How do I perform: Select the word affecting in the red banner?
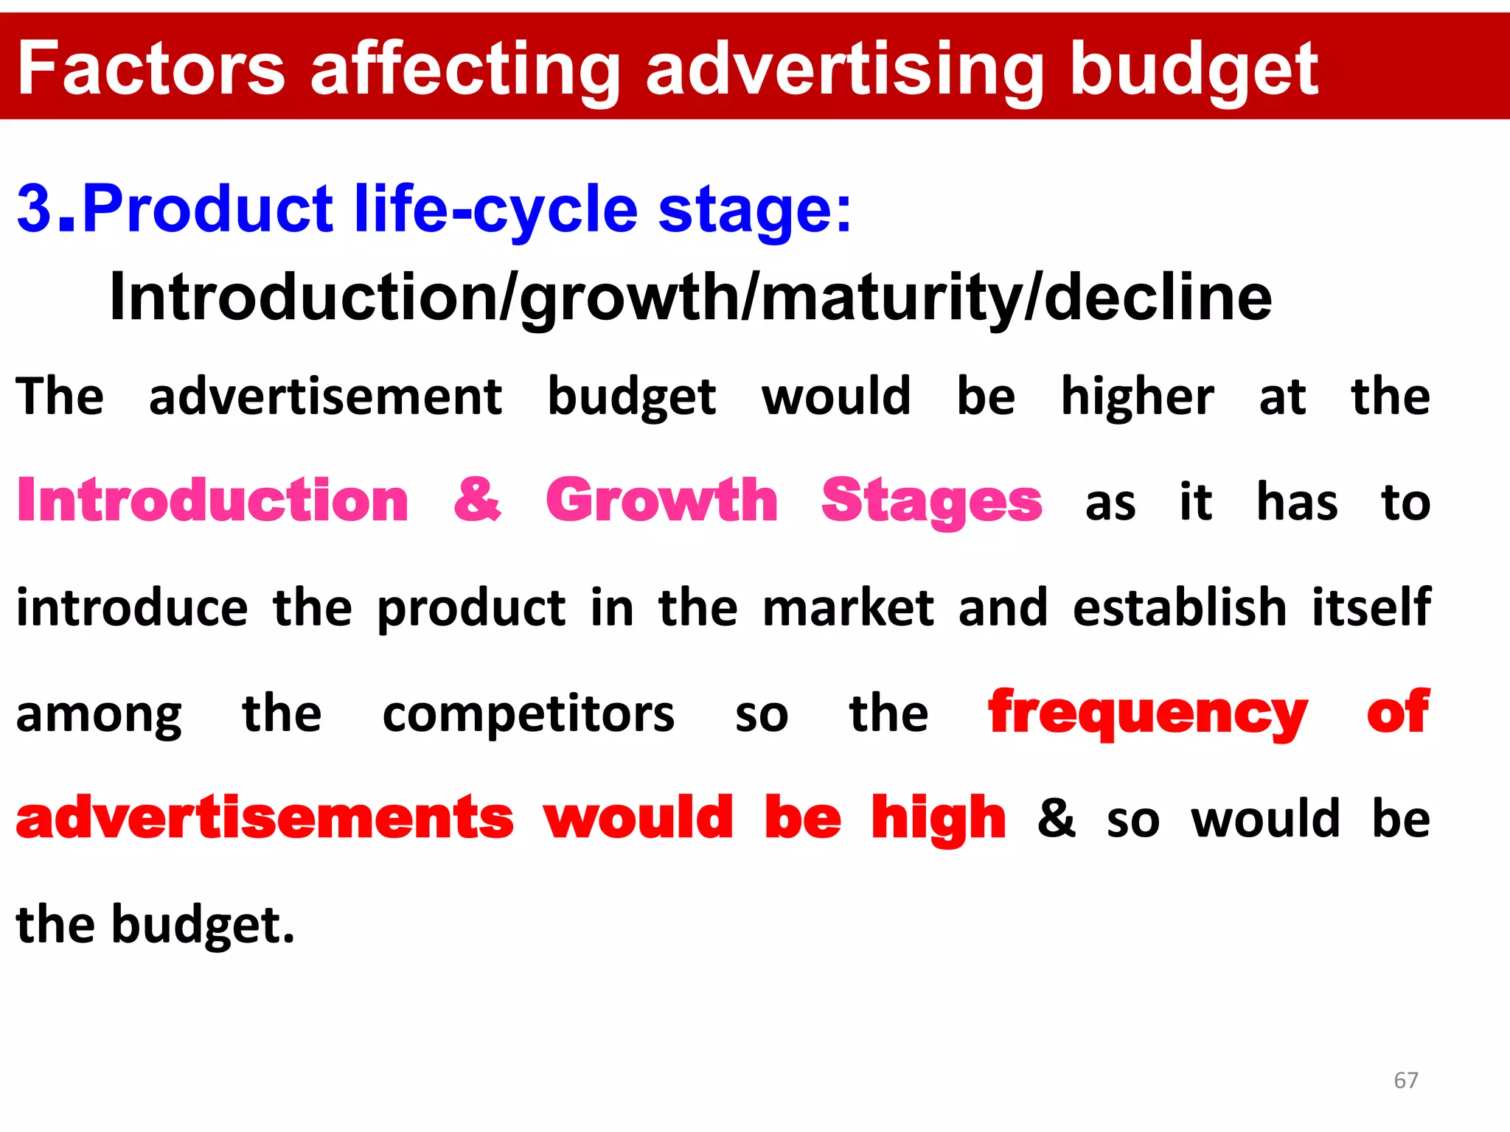(x=465, y=70)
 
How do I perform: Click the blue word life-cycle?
(x=496, y=209)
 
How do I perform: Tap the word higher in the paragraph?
(x=1137, y=398)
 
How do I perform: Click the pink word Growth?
(x=661, y=501)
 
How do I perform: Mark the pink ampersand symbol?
(x=477, y=501)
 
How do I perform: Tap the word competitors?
(x=528, y=715)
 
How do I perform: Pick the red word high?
(x=938, y=820)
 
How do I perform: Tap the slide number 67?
(x=1405, y=1080)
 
